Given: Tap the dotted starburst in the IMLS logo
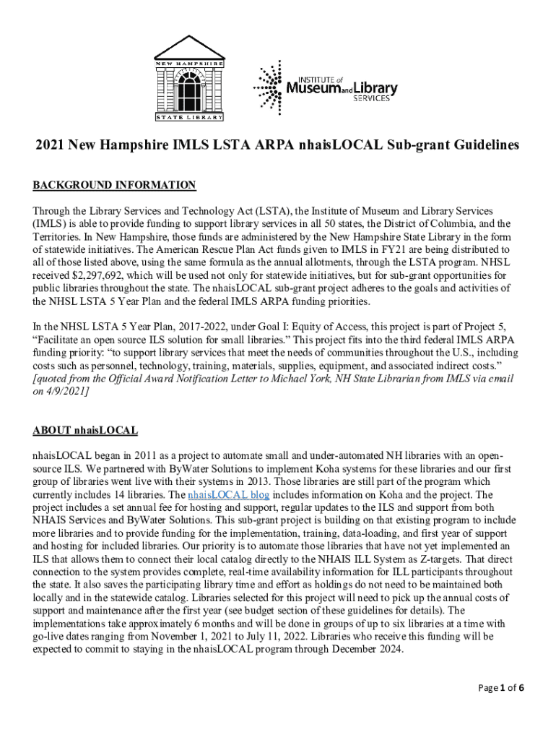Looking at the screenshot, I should (x=269, y=87).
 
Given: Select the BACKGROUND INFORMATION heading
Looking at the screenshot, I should (x=114, y=186).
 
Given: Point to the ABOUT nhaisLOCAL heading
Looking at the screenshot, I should (x=85, y=431).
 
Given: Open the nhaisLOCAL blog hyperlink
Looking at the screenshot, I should (x=228, y=495).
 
